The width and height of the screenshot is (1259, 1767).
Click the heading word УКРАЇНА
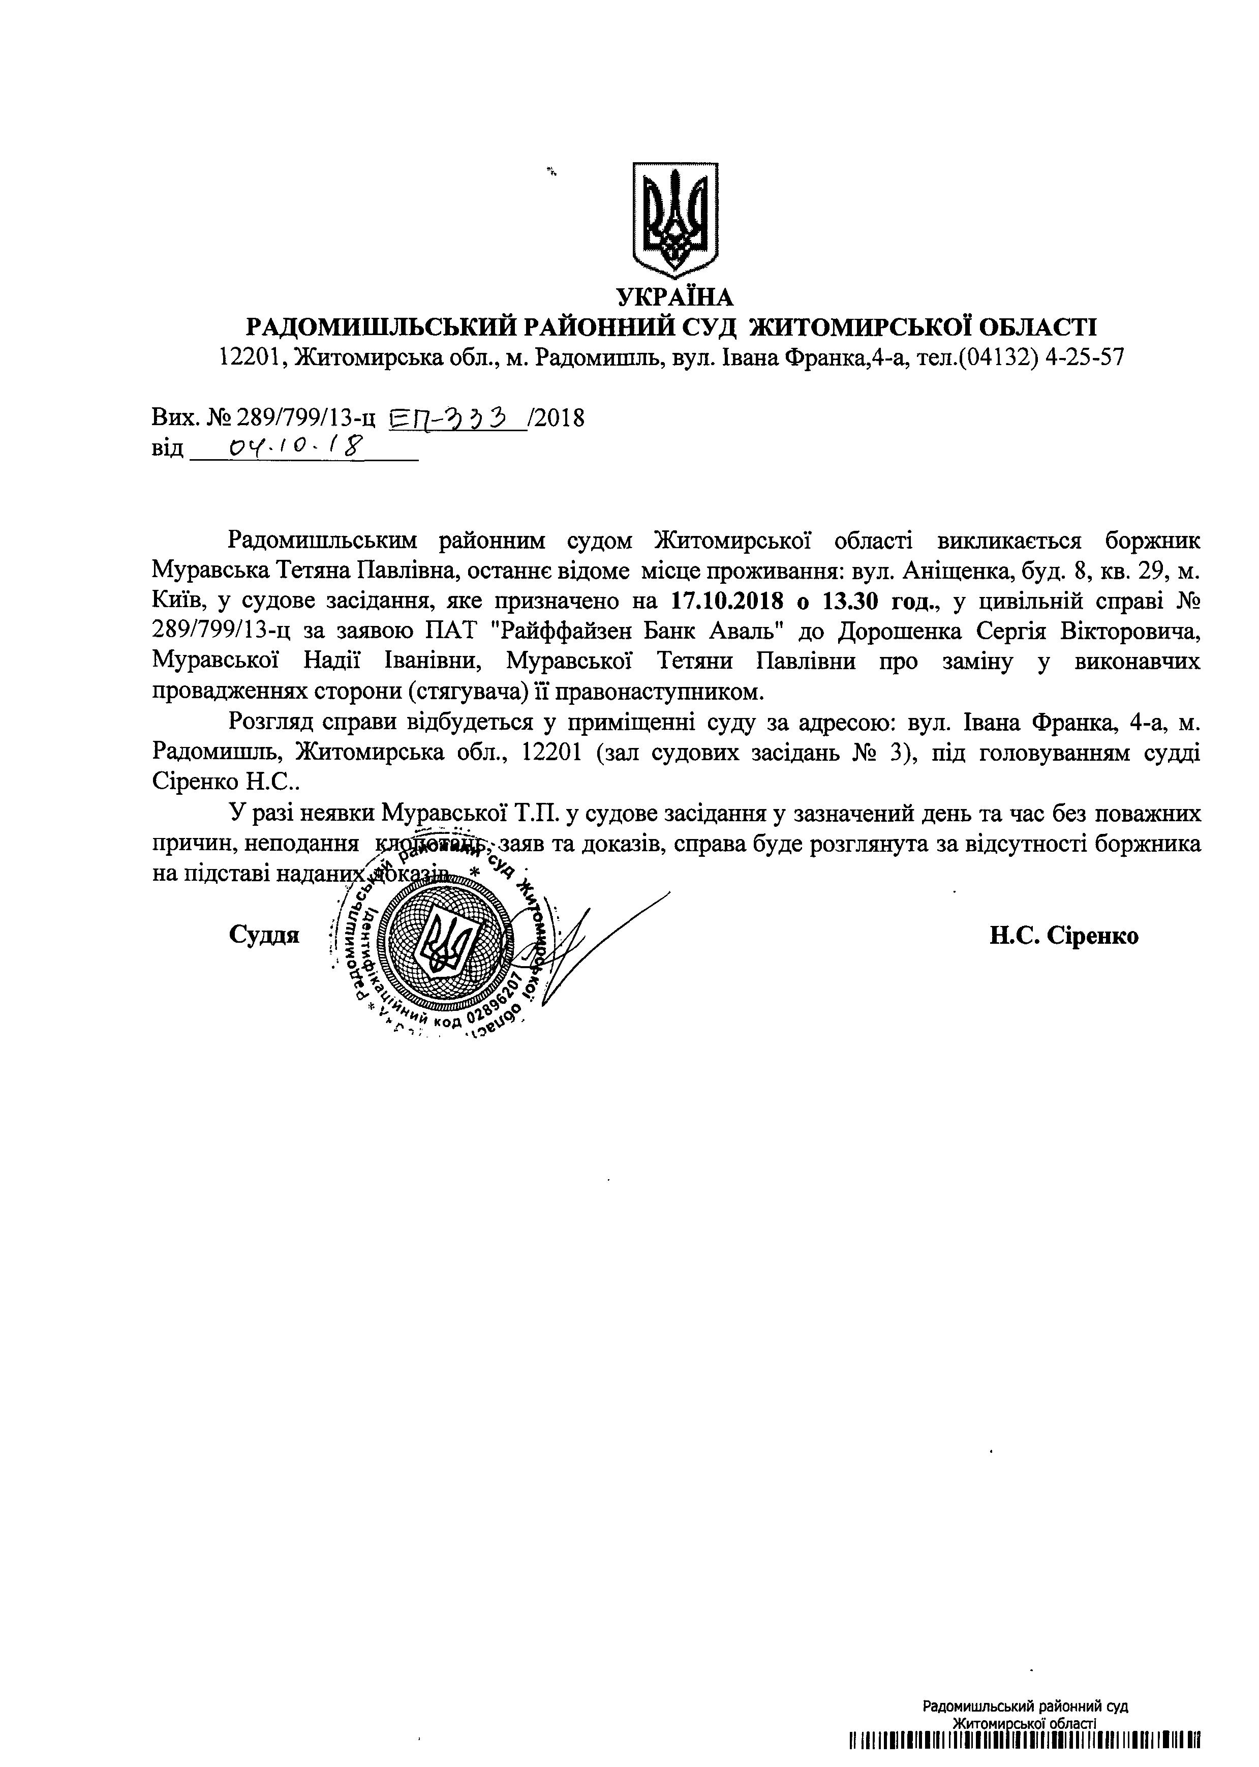(674, 297)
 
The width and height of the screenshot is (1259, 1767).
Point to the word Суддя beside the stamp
(264, 935)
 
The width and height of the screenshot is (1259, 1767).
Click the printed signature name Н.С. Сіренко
(1064, 935)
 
